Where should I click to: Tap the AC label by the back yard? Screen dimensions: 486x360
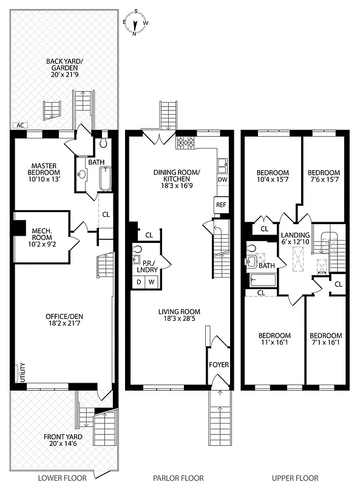point(21,125)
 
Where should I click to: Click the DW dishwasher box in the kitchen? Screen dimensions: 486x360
point(222,180)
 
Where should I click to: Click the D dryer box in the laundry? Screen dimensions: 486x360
point(138,282)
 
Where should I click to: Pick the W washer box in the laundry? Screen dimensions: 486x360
point(151,282)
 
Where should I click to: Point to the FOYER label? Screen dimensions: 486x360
point(219,365)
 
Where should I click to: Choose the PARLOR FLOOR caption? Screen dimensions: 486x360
point(178,478)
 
